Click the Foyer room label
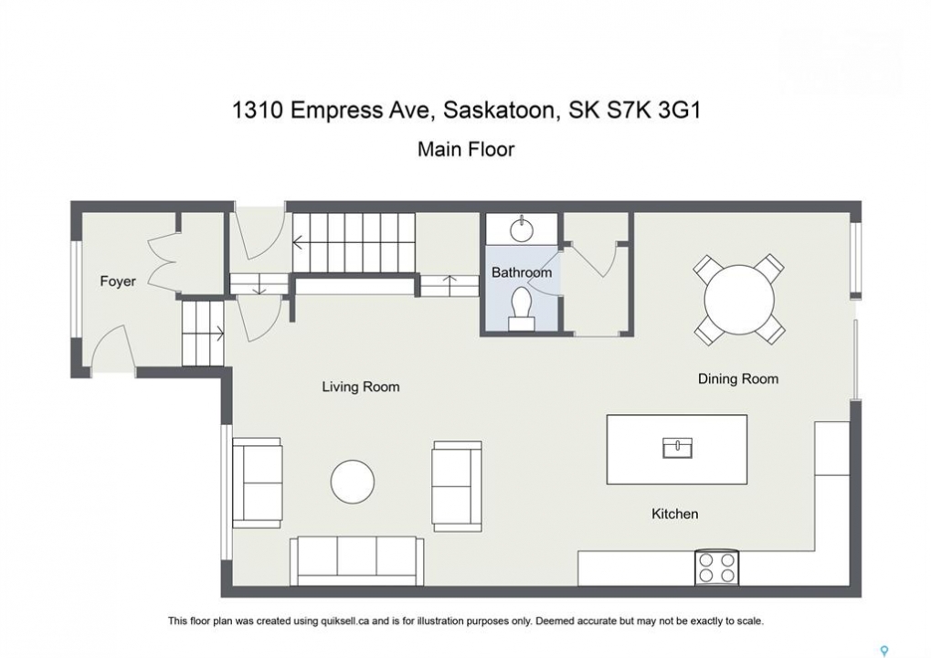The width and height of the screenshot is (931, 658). click(x=118, y=281)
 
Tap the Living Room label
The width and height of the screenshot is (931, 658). click(x=360, y=387)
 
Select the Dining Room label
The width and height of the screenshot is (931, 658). click(x=738, y=379)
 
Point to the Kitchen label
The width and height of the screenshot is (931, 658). click(x=674, y=514)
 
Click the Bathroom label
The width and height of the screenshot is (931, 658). click(x=522, y=272)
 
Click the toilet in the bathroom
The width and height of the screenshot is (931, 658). click(x=522, y=309)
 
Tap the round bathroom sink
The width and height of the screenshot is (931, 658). click(x=522, y=229)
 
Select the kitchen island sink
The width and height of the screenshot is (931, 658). click(x=678, y=448)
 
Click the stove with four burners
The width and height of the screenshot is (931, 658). click(x=716, y=568)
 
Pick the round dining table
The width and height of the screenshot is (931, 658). click(x=739, y=300)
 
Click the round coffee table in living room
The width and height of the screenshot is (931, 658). click(x=353, y=482)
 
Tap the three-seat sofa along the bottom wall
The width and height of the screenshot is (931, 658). click(x=357, y=561)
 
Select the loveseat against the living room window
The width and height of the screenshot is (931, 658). click(x=257, y=483)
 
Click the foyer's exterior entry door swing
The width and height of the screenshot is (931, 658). click(x=111, y=346)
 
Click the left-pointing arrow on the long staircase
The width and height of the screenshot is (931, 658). click(x=298, y=242)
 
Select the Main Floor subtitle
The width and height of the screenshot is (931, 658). click(x=466, y=148)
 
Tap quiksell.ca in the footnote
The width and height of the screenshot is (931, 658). click(x=344, y=621)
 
